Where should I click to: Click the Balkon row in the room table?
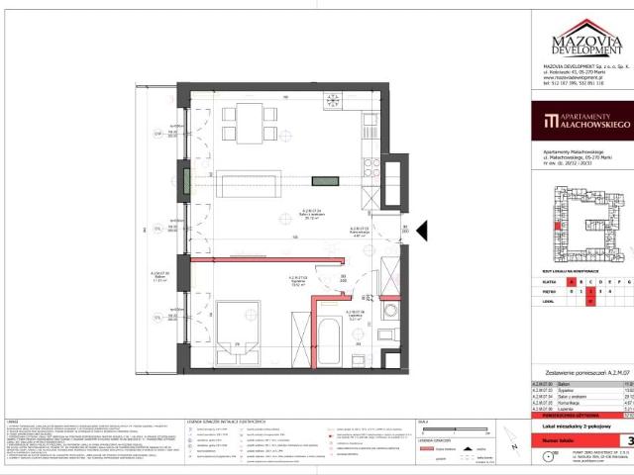point(574,378)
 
